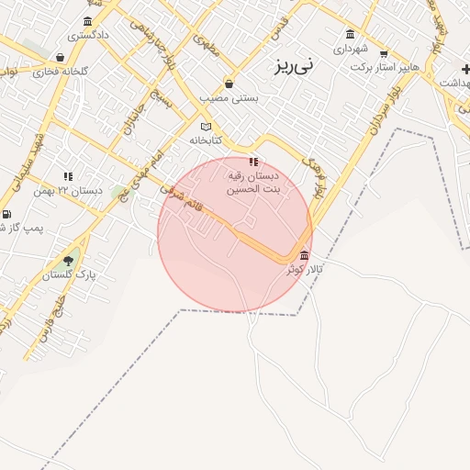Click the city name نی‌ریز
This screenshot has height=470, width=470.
point(294,66)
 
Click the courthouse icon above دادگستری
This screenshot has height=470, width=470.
point(87,21)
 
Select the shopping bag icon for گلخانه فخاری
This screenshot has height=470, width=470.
point(61,58)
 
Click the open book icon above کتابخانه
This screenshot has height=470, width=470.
point(206,127)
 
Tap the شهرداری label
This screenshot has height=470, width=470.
point(350,47)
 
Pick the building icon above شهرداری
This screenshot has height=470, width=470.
point(351,34)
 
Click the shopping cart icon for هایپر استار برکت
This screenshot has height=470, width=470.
point(383,52)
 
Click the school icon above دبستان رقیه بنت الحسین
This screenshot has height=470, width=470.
point(253,162)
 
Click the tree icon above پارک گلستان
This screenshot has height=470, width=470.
point(68,261)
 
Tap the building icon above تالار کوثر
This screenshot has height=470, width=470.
point(304,255)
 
